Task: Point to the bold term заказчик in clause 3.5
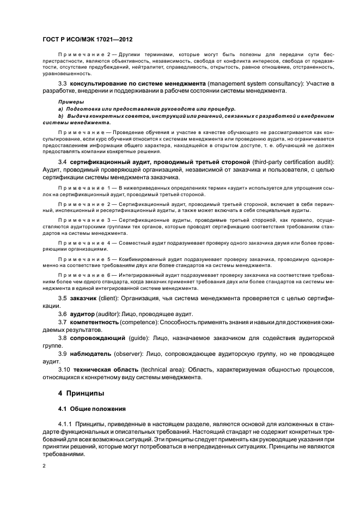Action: point(84,299)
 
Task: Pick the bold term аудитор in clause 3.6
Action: point(82,314)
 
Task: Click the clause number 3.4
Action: point(62,162)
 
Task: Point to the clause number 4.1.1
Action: point(64,424)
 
